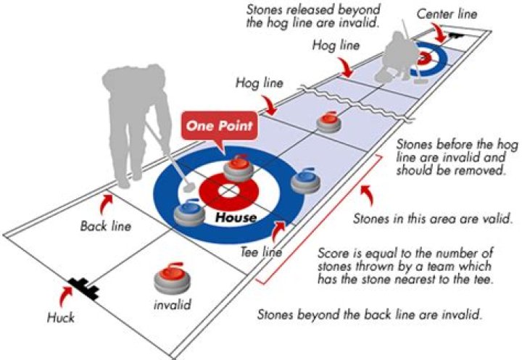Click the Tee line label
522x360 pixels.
click(260, 253)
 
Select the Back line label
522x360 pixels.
click(106, 226)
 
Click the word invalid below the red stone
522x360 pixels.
click(172, 305)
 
